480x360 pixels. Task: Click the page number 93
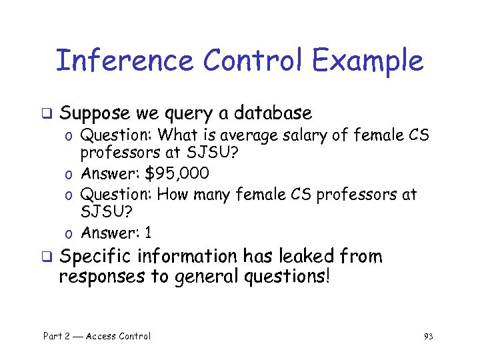428,337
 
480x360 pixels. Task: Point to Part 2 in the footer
56,337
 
